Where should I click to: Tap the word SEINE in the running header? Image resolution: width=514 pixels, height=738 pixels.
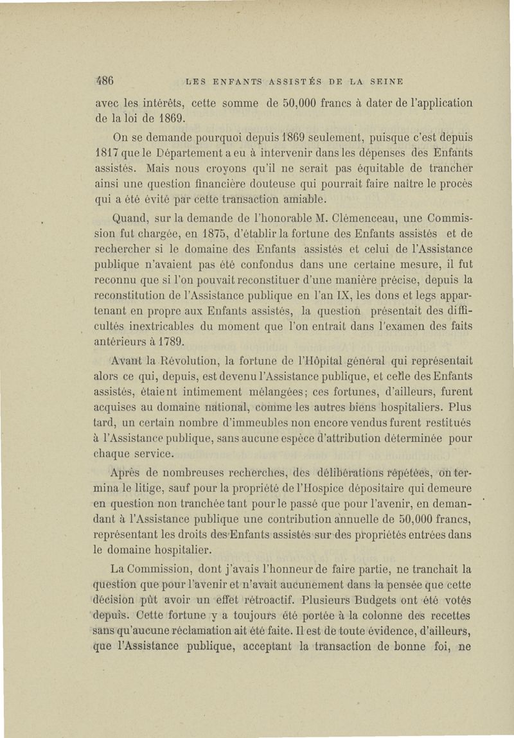point(384,82)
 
